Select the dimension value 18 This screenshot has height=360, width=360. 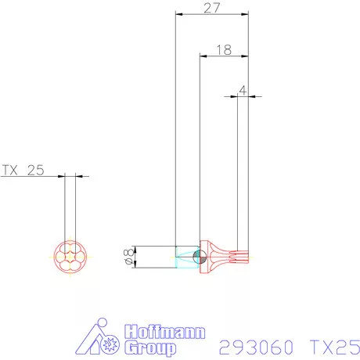(x=223, y=49)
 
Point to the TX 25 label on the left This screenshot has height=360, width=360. (x=24, y=169)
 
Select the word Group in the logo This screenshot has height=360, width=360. (x=150, y=349)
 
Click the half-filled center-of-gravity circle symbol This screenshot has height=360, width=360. (x=197, y=257)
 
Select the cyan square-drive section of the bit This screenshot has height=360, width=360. (x=186, y=257)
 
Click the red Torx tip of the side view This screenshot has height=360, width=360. (x=239, y=257)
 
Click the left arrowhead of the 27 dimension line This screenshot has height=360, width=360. (x=178, y=14)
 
